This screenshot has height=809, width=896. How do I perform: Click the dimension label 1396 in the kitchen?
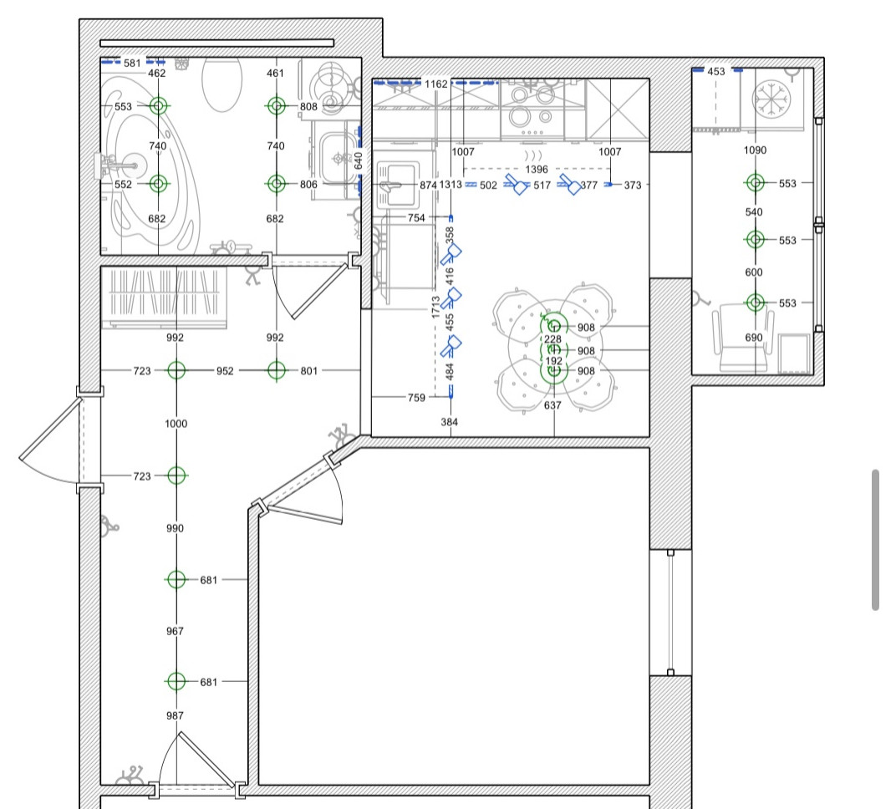[537, 169]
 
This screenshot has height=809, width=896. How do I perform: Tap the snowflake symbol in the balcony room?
[771, 99]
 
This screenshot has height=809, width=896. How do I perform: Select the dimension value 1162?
[436, 84]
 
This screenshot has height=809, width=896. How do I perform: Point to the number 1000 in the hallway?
[176, 424]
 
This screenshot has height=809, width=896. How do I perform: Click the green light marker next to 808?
[277, 105]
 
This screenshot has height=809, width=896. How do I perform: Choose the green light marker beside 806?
[277, 183]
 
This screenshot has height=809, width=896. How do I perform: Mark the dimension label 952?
[225, 371]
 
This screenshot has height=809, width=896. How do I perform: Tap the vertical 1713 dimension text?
[436, 307]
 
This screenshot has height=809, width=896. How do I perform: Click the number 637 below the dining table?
[552, 405]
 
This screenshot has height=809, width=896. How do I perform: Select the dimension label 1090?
[755, 150]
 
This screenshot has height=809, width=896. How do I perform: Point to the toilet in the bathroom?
[221, 84]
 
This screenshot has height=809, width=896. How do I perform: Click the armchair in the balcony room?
[743, 337]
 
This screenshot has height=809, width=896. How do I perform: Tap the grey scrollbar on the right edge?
[875, 540]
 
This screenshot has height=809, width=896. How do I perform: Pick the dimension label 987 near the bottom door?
[175, 716]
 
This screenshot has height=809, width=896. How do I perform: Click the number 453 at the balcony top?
[716, 71]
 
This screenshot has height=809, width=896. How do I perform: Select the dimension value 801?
[309, 371]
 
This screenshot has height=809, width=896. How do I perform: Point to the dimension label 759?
[416, 398]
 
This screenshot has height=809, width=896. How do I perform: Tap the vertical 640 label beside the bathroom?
[359, 160]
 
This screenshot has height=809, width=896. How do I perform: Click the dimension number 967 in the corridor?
[175, 631]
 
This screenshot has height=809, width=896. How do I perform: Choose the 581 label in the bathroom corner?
[132, 63]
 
